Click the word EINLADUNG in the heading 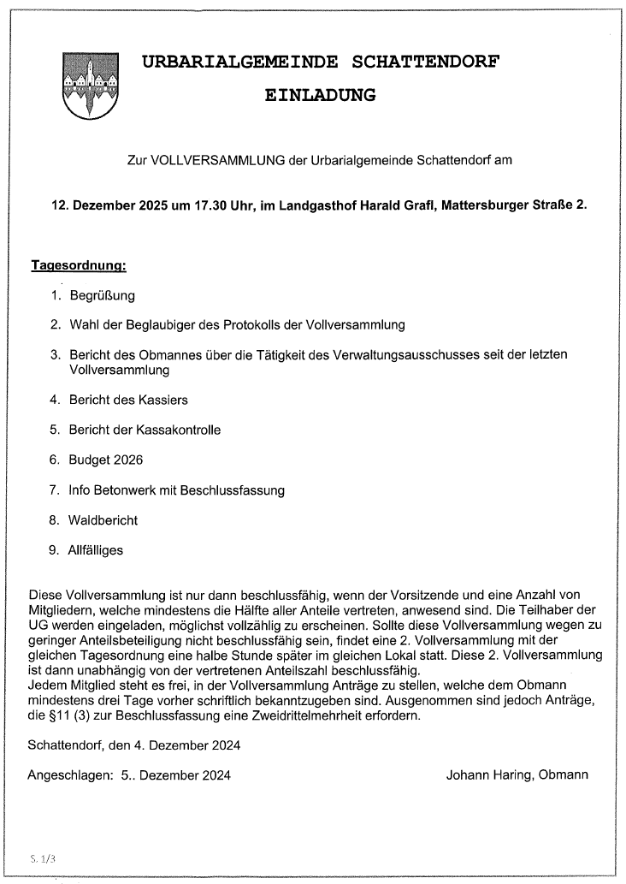[x=320, y=95]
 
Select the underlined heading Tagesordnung [x=79, y=266]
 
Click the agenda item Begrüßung [x=102, y=296]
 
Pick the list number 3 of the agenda [x=54, y=354]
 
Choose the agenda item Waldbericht [x=103, y=520]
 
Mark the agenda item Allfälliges [x=96, y=550]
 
